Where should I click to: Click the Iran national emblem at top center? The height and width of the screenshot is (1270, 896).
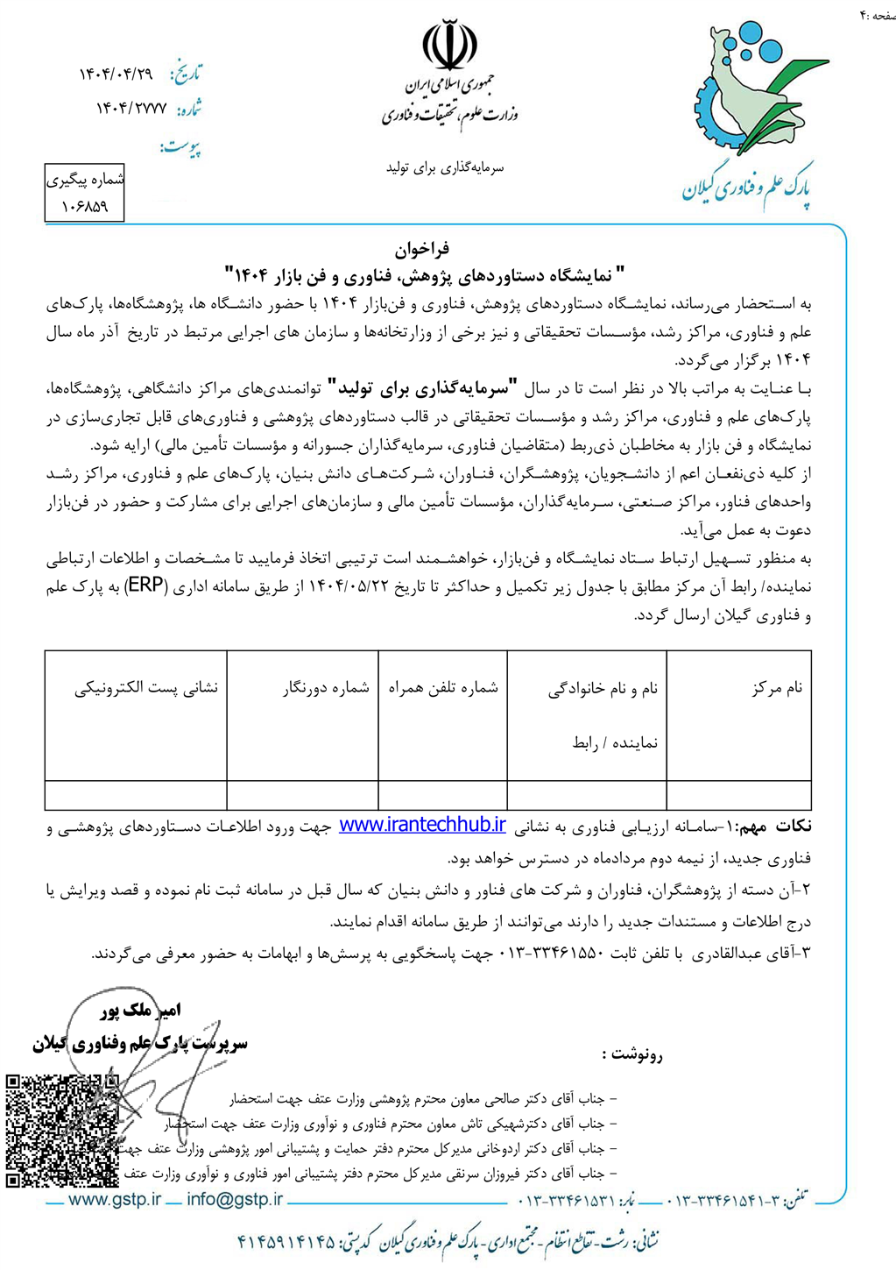tap(449, 46)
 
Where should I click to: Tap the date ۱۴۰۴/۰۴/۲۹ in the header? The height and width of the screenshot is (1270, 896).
tap(116, 75)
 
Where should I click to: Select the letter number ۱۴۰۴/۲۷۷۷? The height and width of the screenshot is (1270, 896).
tap(131, 110)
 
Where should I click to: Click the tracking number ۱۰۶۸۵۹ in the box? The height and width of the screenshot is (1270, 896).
tap(85, 207)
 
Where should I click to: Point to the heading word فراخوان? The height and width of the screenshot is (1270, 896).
tap(422, 249)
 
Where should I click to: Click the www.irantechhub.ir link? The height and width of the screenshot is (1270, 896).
tap(422, 825)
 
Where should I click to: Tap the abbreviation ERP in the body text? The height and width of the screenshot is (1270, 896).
tap(758, 586)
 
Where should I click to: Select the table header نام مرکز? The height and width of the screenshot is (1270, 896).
tap(777, 688)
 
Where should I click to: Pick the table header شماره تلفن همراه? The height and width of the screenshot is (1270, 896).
tap(443, 688)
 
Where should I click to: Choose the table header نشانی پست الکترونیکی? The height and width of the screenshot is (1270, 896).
tap(146, 688)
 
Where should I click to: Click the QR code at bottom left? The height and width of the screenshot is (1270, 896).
tap(61, 1131)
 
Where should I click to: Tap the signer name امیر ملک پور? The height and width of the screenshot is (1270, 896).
tap(140, 1011)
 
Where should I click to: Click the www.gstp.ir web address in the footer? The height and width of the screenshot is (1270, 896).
tap(115, 1199)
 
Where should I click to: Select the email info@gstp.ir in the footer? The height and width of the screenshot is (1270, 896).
tap(235, 1199)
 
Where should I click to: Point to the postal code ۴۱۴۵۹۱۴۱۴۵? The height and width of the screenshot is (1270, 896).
tap(286, 1241)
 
